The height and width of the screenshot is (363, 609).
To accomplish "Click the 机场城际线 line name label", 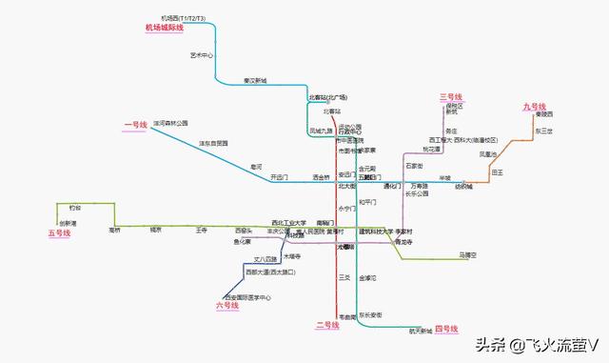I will point(164,28).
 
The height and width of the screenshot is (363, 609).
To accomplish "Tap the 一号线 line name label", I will point(136,125).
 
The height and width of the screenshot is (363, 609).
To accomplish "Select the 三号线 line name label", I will point(449,97).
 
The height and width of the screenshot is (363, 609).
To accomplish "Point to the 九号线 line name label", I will point(534,107).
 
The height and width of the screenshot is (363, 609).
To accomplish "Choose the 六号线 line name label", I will point(226,305).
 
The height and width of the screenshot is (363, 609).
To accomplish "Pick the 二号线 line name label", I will point(327,326).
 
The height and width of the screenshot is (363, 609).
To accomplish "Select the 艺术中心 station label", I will point(202,56).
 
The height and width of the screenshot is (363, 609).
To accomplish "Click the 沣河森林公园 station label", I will point(170,123).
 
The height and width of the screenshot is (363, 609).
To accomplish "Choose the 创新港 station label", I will point(68,223).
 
